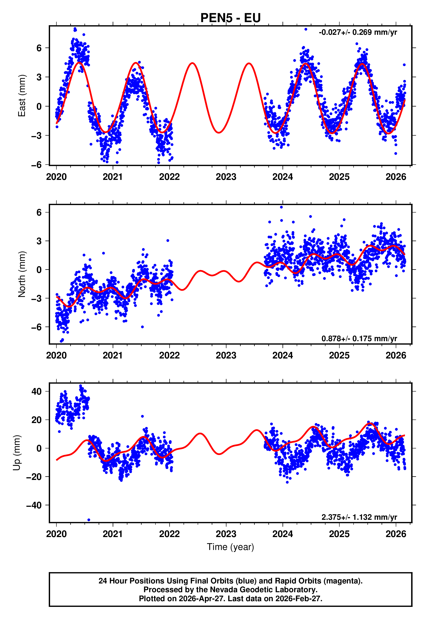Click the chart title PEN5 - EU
click(x=230, y=18)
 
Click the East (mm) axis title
click(x=21, y=95)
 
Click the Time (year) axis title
click(x=230, y=547)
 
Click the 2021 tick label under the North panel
click(x=113, y=355)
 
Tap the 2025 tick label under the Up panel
click(x=339, y=534)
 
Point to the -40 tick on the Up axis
click(x=34, y=505)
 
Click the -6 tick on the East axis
click(x=37, y=165)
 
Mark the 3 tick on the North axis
click(x=39, y=241)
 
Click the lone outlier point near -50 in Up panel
click(x=89, y=520)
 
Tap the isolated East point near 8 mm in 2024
click(x=306, y=29)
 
